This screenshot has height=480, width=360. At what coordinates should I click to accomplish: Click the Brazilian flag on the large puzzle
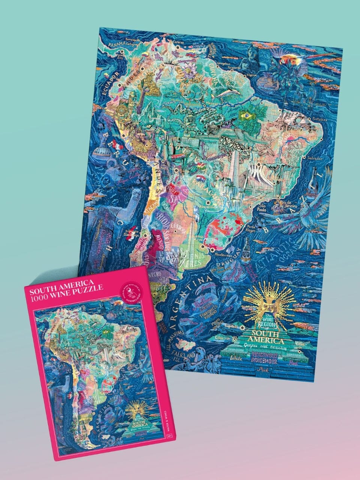tap(246, 116)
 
